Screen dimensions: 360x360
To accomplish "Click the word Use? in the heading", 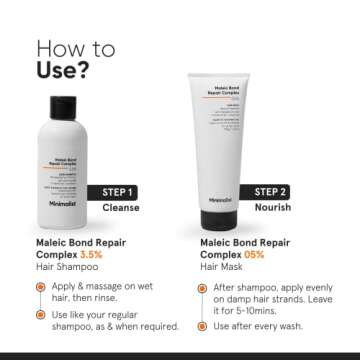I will [62, 72].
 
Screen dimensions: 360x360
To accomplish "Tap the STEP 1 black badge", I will [118, 192].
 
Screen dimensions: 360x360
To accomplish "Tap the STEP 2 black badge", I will [270, 191].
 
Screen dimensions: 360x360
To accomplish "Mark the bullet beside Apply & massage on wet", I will [41, 286].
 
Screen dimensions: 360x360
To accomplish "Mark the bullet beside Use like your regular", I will [41, 313].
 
